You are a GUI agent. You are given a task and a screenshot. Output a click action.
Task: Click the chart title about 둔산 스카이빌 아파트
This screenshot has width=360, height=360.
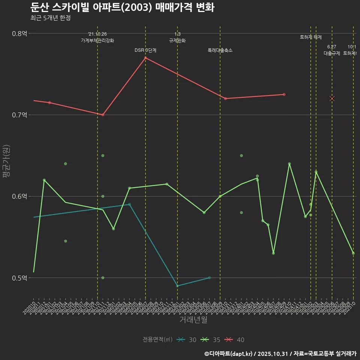click(x=122, y=7)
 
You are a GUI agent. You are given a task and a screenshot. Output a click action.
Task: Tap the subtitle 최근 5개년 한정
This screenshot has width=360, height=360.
click(x=50, y=18)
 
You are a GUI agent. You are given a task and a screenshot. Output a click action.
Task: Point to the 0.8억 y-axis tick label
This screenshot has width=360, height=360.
click(x=20, y=33)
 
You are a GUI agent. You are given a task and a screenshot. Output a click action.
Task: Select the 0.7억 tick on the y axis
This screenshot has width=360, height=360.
click(x=20, y=115)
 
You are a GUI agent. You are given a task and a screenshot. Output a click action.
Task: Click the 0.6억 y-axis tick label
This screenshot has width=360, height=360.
click(x=20, y=196)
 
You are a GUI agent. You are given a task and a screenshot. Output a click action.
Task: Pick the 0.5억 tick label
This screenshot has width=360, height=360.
click(x=20, y=278)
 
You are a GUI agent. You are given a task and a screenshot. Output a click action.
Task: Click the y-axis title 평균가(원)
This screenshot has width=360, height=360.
click(x=6, y=161)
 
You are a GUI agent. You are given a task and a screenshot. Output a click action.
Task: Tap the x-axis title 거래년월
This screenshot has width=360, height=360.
click(x=193, y=319)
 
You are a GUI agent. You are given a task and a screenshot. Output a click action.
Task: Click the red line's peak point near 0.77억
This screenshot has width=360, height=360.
click(x=145, y=58)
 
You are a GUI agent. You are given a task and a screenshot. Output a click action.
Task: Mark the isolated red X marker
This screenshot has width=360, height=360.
click(x=332, y=99)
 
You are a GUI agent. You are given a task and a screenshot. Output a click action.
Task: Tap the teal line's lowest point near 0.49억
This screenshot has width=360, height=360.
click(x=177, y=286)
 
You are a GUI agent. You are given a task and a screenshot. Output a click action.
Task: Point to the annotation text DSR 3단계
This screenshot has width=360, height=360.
click(x=145, y=50)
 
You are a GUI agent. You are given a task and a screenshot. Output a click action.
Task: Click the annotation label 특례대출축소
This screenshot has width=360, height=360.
click(x=220, y=50)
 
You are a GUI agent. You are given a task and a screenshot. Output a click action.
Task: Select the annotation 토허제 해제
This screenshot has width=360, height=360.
click(x=311, y=37)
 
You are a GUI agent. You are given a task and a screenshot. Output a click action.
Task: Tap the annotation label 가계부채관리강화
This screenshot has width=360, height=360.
click(x=97, y=40)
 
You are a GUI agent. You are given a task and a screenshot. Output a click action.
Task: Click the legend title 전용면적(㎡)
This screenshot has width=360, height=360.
click(x=157, y=340)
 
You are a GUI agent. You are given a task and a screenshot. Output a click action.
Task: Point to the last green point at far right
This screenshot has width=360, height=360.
click(x=353, y=253)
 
